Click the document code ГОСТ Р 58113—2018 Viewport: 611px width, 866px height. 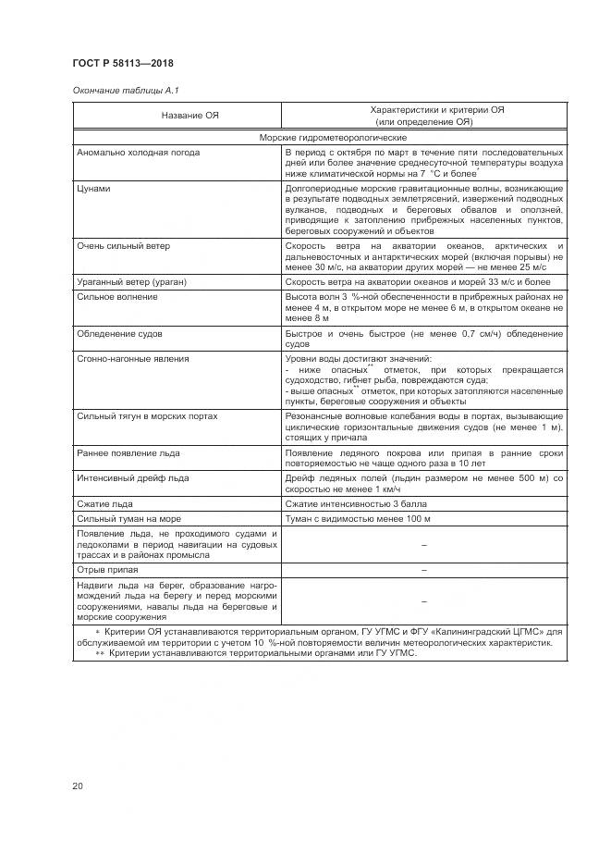pyautogui.click(x=122, y=63)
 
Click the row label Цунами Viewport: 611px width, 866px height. pyautogui.click(x=95, y=188)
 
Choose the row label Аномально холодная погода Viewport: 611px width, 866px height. pyautogui.click(x=139, y=152)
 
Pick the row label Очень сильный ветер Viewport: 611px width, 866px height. pyautogui.click(x=124, y=246)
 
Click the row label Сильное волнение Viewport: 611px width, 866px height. pyautogui.click(x=117, y=296)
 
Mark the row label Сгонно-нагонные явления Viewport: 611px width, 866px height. pyautogui.click(x=133, y=357)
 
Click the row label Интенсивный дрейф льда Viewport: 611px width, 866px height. pyautogui.click(x=133, y=477)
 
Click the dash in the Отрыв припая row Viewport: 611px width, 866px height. pyautogui.click(x=423, y=571)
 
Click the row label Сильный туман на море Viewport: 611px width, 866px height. pyautogui.click(x=128, y=519)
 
